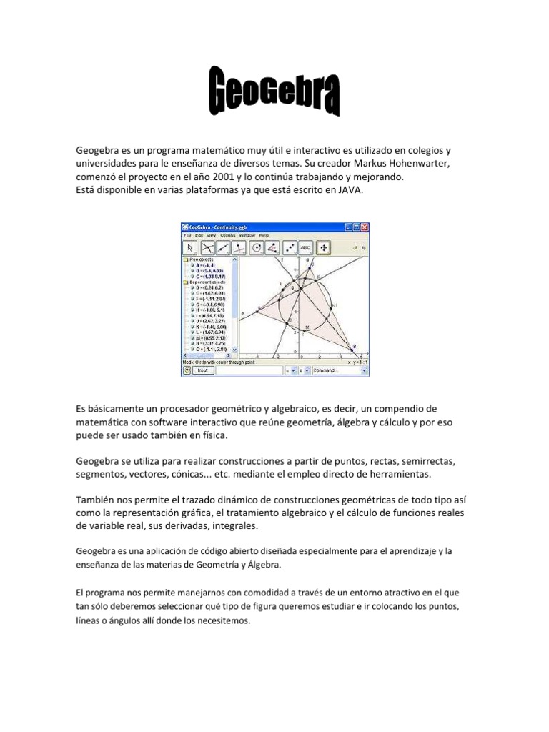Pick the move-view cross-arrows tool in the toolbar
pyautogui.click(x=324, y=247)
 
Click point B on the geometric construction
pyautogui.click(x=352, y=346)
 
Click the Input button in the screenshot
pyautogui.click(x=203, y=371)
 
